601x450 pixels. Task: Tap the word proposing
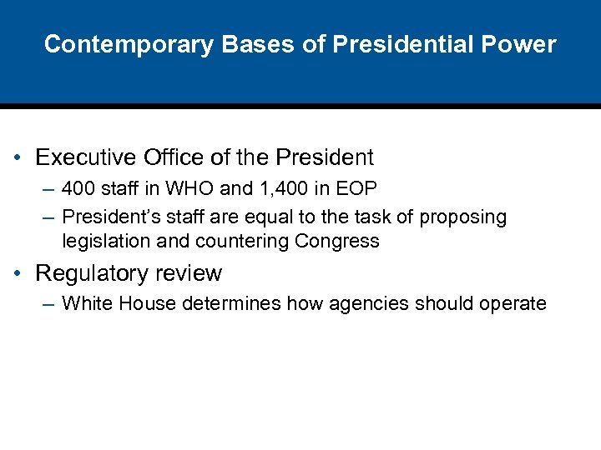pyautogui.click(x=462, y=217)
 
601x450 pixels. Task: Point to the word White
pyautogui.click(x=88, y=303)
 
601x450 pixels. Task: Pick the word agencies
pyautogui.click(x=366, y=304)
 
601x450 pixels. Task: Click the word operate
pyautogui.click(x=513, y=304)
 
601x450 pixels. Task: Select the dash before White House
pyautogui.click(x=47, y=304)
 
